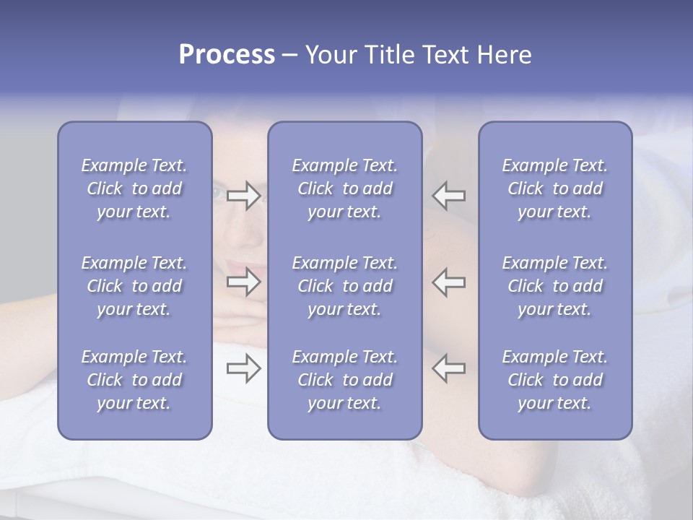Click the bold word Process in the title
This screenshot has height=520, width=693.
(227, 55)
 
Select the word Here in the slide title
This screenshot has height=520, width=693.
(504, 55)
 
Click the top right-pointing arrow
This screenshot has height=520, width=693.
(243, 196)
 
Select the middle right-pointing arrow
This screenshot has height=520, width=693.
(243, 282)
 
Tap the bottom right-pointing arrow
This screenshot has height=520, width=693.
(243, 369)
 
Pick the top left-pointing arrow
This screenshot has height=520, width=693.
(449, 196)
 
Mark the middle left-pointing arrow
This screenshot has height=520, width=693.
(449, 282)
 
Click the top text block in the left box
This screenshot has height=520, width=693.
(134, 188)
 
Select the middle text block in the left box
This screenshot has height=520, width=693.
(134, 286)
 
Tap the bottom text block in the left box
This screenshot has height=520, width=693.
(134, 380)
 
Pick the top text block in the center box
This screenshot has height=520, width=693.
(345, 188)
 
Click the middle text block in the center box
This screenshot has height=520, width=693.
(345, 286)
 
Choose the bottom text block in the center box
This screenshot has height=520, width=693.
(345, 380)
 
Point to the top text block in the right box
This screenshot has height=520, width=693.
(555, 188)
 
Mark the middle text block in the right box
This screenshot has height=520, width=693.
(555, 286)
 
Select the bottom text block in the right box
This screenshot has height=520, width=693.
(555, 380)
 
